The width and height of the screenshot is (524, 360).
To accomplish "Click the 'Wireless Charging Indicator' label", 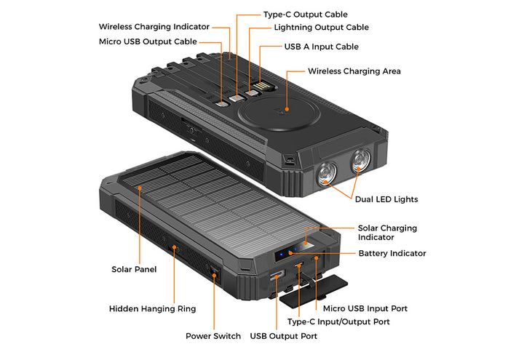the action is pyautogui.click(x=154, y=27).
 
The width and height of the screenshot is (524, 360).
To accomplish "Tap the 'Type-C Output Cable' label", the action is pyautogui.click(x=306, y=15).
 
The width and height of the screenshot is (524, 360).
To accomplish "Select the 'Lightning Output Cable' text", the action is pyautogui.click(x=322, y=28).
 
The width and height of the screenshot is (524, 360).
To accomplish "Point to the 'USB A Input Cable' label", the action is pyautogui.click(x=322, y=47).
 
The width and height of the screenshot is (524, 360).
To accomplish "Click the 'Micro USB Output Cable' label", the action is pyautogui.click(x=148, y=41).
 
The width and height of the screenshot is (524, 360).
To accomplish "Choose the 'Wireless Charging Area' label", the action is pyautogui.click(x=354, y=71).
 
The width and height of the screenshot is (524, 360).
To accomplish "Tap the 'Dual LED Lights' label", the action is pyautogui.click(x=386, y=199).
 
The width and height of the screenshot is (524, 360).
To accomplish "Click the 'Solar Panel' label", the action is pyautogui.click(x=134, y=270).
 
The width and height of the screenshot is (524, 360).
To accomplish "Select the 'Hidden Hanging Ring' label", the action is pyautogui.click(x=152, y=309).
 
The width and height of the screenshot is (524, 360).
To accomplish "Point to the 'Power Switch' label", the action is pyautogui.click(x=213, y=336).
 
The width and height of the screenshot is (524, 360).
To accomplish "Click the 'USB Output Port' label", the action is pyautogui.click(x=284, y=336).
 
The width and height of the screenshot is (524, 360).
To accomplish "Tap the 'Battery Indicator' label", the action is pyautogui.click(x=392, y=254).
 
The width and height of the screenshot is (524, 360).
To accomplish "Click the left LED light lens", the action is pyautogui.click(x=326, y=174).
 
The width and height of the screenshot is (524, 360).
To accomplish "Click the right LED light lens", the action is pyautogui.click(x=360, y=161).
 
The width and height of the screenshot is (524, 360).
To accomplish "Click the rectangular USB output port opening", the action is pyautogui.click(x=277, y=275).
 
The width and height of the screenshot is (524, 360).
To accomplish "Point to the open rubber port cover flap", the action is pyautogui.click(x=314, y=290).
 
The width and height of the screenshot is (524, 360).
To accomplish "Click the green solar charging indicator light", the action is pyautogui.click(x=305, y=244).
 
